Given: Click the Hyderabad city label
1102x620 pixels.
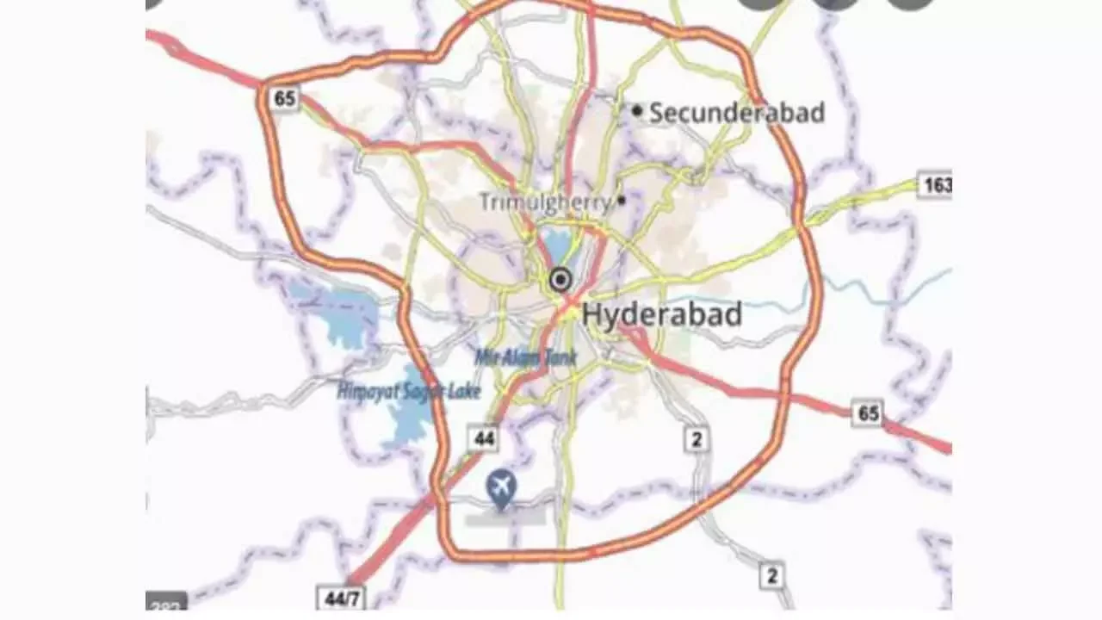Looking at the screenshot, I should tap(661, 315).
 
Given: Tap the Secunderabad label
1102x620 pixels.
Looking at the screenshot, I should tap(737, 113).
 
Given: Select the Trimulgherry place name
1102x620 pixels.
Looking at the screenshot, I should tap(546, 202).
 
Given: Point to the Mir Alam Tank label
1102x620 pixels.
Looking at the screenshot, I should tap(526, 356).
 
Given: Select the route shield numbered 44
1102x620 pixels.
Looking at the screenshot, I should tap(485, 438).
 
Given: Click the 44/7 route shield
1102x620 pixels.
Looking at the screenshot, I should tap(339, 597).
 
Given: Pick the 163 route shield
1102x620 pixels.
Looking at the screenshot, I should tap(935, 184).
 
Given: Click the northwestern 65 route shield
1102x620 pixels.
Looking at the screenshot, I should tap(285, 98).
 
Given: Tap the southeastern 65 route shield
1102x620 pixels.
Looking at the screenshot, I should tap(869, 413).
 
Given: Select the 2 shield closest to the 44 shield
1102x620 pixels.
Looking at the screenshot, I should tap(696, 439).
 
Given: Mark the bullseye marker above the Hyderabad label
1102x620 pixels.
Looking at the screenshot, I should tap(561, 280).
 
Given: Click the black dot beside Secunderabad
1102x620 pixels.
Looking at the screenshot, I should tap(637, 110).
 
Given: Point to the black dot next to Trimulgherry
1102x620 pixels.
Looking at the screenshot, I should tap(622, 200).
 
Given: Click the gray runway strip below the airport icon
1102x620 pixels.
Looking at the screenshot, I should tap(505, 517).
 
